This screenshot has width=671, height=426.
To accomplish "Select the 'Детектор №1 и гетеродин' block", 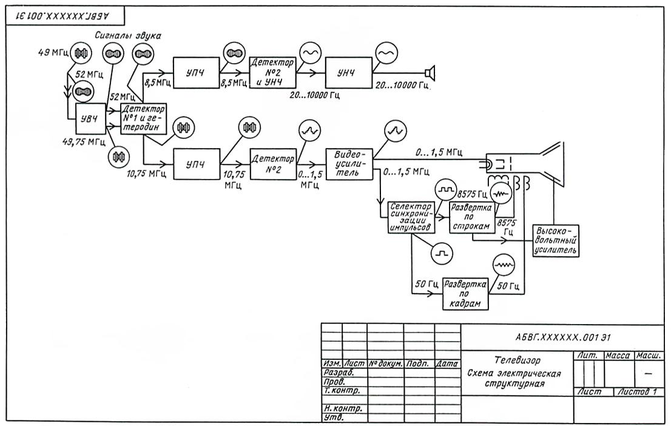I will point(143,119).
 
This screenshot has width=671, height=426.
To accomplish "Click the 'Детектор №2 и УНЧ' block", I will point(272,73).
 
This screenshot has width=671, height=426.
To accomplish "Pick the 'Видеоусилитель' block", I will point(349,163).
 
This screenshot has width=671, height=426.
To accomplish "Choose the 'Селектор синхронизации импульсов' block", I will point(411,217).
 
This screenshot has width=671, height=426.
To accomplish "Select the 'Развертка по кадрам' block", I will point(466,294).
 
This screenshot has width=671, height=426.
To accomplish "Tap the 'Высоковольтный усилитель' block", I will point(555,240).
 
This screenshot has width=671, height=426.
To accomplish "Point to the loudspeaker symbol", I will point(430,73).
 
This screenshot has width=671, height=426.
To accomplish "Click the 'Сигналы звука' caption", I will point(128,36).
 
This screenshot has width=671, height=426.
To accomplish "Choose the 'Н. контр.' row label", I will point(342,408).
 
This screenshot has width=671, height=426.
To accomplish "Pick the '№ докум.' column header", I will point(385,364).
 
